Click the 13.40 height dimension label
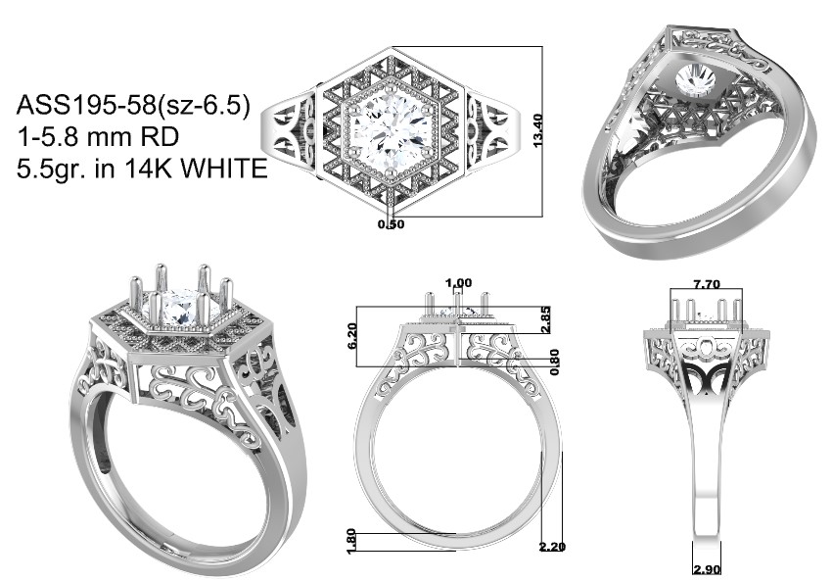point(537,130)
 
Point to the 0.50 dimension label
point(392,224)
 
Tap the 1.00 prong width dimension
point(459,283)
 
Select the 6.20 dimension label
point(352,336)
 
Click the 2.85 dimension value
point(545,319)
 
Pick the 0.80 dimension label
point(554,362)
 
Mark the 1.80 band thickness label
point(351,542)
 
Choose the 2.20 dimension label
point(552,547)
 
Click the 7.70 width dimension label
point(707,284)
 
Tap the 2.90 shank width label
point(708,570)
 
